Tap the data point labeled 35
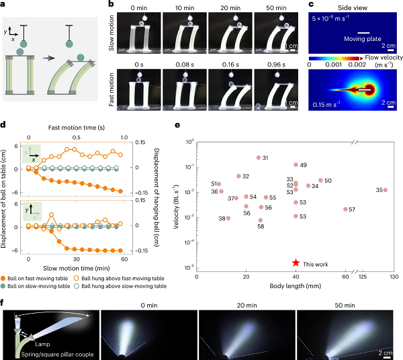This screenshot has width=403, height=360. tap(385, 190)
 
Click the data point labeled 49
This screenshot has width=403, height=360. tap(296, 165)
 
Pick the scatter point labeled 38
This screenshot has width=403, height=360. tap(228, 218)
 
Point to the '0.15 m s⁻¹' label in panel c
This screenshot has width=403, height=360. tap(328, 104)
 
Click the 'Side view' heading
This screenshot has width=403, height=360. tap(352, 5)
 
